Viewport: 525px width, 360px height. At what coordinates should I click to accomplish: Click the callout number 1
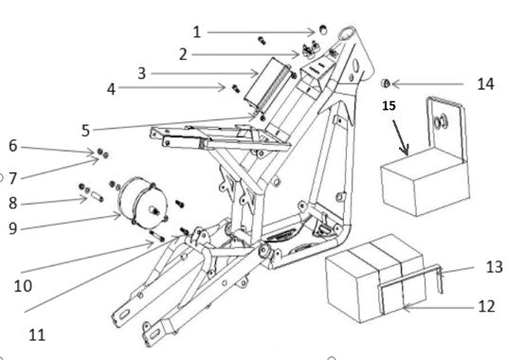(x=197, y=32)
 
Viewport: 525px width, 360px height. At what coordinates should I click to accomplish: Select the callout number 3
(x=142, y=73)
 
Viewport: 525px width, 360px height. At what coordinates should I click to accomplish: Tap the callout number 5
(x=85, y=131)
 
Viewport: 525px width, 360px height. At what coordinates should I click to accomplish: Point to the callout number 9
(x=12, y=228)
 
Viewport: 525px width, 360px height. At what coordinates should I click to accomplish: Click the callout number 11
(x=37, y=335)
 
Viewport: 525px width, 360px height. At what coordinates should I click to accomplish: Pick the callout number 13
(x=494, y=267)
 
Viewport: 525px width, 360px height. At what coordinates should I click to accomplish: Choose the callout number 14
(x=485, y=84)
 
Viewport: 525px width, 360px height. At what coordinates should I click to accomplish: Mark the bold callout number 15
(x=389, y=106)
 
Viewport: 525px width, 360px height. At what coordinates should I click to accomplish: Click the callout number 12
(x=486, y=306)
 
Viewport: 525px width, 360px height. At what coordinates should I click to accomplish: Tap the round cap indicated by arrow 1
(x=323, y=29)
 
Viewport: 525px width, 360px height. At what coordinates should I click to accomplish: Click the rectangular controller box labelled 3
(x=267, y=84)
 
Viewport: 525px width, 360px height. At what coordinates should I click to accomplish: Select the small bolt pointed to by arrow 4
(x=236, y=88)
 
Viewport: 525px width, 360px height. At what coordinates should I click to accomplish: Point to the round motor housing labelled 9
(x=143, y=204)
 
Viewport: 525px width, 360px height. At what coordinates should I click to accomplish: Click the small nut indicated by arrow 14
(x=386, y=83)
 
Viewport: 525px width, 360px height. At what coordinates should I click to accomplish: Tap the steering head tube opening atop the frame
(x=347, y=34)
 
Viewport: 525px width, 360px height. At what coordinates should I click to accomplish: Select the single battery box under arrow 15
(x=425, y=182)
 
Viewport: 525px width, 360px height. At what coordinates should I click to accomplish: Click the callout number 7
(x=12, y=178)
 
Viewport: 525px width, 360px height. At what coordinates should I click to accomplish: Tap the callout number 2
(x=183, y=55)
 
